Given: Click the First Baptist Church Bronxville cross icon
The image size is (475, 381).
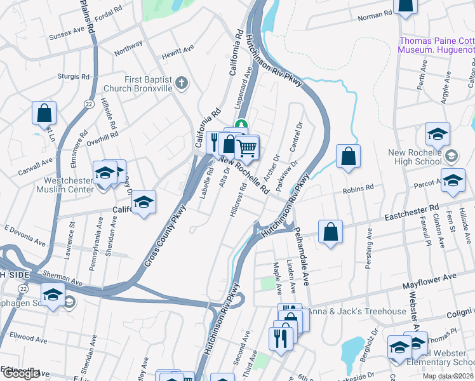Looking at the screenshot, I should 182,82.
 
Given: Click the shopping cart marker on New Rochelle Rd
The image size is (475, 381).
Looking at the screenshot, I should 247,148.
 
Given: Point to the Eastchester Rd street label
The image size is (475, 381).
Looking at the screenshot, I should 415,213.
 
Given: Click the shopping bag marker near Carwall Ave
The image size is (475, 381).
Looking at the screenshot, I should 44,113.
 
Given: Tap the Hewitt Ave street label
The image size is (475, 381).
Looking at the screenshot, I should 178,52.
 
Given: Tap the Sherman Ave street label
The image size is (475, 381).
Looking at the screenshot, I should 63,277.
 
